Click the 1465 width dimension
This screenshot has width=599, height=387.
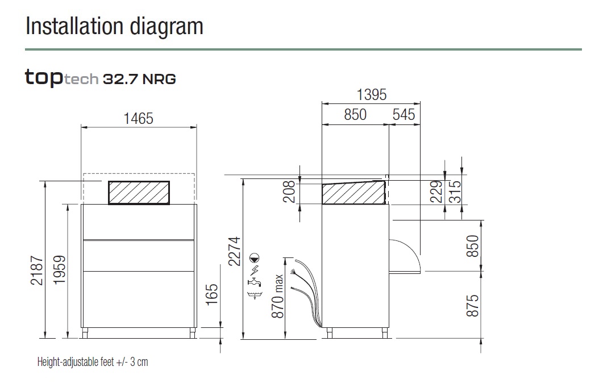138,118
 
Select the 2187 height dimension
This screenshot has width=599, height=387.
37,271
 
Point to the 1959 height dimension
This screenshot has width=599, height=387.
60,270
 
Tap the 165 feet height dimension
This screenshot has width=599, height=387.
211,294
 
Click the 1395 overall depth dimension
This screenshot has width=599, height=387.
371,95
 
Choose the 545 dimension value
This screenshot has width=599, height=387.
404,115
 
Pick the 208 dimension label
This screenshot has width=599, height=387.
290,192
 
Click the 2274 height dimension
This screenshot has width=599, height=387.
234,251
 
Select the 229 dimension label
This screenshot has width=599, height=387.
436,192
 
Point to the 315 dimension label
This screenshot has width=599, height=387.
455,192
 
